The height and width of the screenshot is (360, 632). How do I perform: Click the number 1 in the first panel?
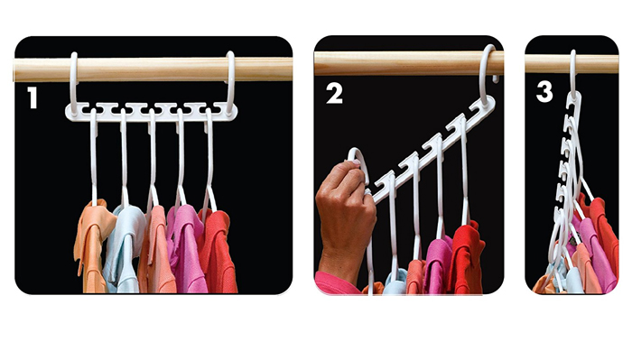tap(32, 97)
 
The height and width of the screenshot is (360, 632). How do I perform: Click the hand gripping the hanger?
tap(345, 217)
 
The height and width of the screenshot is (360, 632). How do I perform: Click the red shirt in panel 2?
tap(467, 257)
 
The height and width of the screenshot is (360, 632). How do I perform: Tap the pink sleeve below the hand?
tap(339, 284)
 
